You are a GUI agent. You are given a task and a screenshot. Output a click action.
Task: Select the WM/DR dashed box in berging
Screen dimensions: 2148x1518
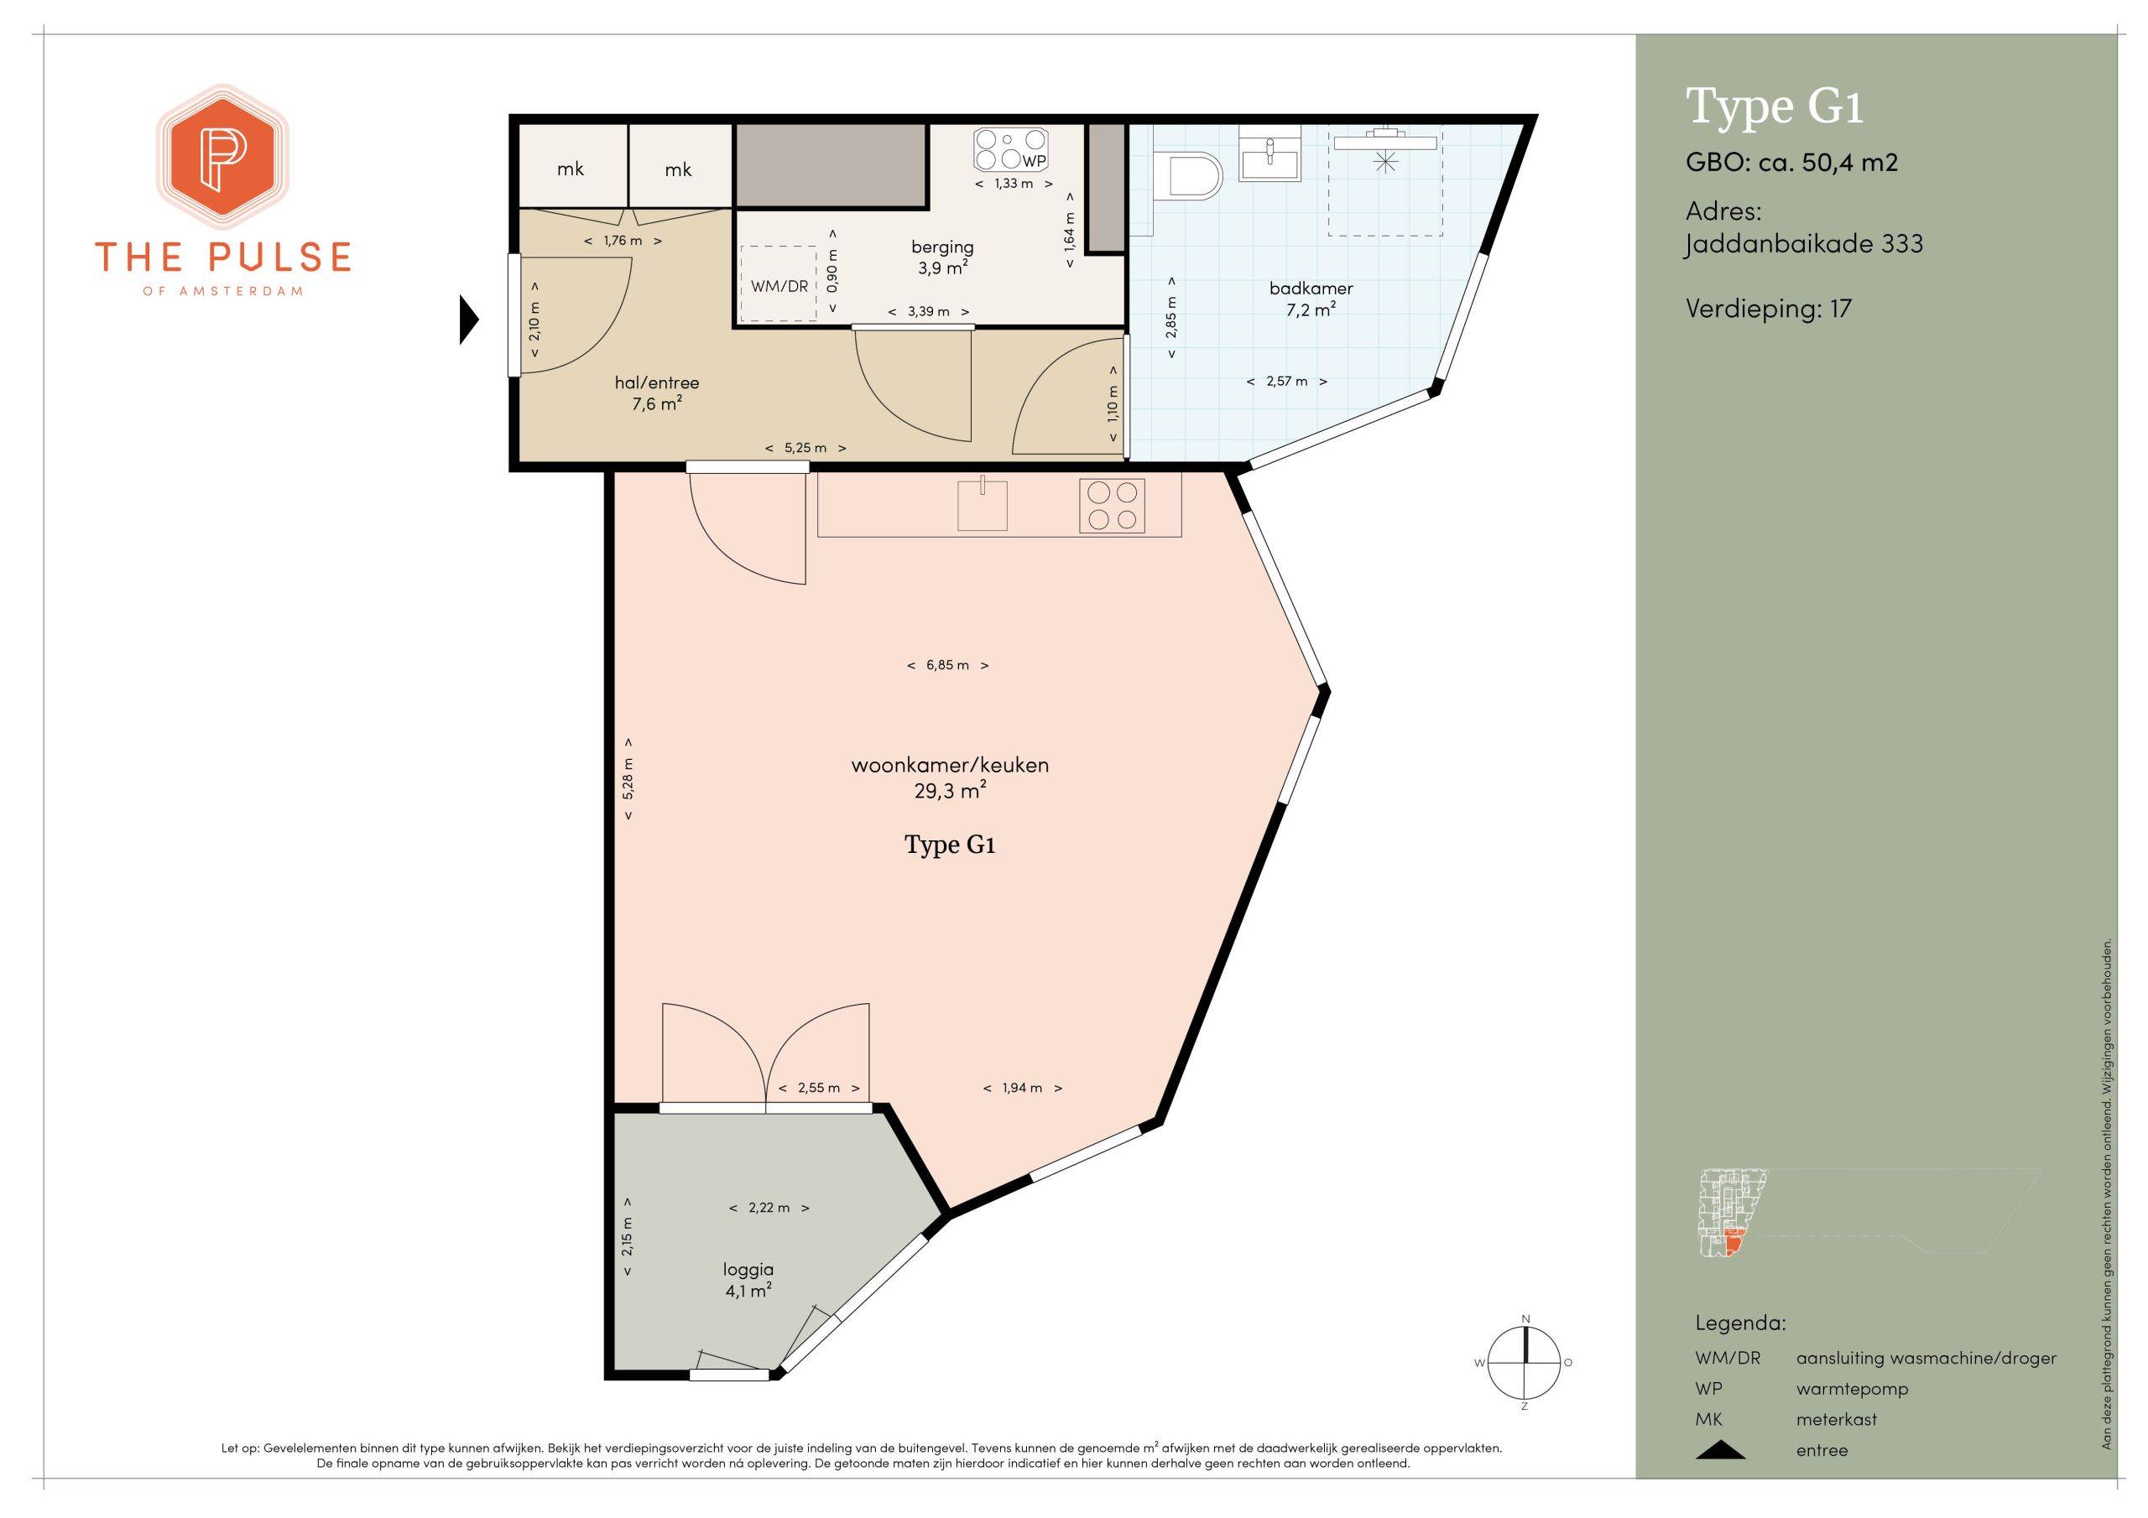pyautogui.click(x=779, y=283)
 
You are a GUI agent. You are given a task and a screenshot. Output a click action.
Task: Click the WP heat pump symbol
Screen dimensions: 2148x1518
pyautogui.click(x=1010, y=149)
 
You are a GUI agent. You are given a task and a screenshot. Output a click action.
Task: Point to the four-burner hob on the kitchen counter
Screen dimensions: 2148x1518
pyautogui.click(x=1113, y=505)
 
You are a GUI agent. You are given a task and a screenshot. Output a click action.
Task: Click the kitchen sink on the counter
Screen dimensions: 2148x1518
pyautogui.click(x=983, y=504)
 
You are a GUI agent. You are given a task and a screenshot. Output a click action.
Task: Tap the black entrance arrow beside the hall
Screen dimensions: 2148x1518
pyautogui.click(x=469, y=320)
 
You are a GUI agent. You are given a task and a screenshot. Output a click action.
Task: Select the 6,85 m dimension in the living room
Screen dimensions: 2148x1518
pyautogui.click(x=947, y=665)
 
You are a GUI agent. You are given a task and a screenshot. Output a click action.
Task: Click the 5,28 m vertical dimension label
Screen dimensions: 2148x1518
pyautogui.click(x=628, y=778)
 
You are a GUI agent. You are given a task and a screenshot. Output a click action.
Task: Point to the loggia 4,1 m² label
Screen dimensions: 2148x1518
pyautogui.click(x=748, y=1281)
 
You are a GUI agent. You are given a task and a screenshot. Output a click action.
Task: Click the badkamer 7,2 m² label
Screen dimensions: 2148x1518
pyautogui.click(x=1311, y=299)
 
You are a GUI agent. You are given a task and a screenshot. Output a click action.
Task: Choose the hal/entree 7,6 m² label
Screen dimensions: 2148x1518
pyautogui.click(x=657, y=392)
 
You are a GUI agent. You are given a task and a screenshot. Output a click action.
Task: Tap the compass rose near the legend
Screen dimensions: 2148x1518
pyautogui.click(x=1525, y=1363)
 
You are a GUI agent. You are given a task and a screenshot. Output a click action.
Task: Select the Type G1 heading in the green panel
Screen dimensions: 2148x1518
pyautogui.click(x=1774, y=107)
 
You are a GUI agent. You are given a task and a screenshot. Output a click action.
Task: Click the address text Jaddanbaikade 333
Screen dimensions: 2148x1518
pyautogui.click(x=1804, y=244)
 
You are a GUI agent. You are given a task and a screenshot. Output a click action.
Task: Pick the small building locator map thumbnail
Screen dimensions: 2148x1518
pyautogui.click(x=1724, y=1213)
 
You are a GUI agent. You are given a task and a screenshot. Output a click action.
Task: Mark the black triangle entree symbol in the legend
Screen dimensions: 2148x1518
pyautogui.click(x=1719, y=1450)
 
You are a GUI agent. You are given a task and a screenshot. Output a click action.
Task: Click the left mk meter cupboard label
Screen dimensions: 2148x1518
pyautogui.click(x=571, y=169)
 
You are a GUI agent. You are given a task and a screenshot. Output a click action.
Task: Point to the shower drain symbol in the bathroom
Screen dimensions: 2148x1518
pyautogui.click(x=1384, y=162)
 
